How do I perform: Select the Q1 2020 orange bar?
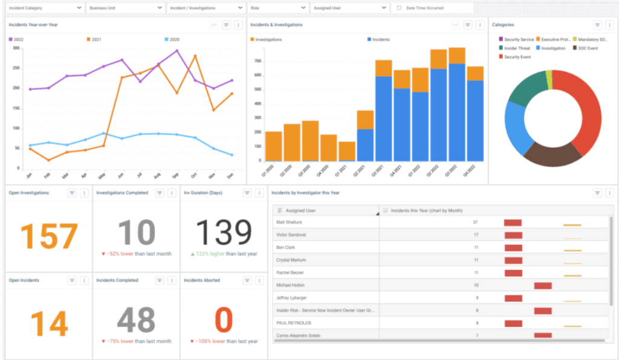(274, 146)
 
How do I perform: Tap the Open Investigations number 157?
(49, 236)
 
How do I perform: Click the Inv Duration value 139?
(224, 233)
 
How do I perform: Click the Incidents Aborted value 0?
(224, 320)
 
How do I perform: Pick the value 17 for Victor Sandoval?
(476, 234)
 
